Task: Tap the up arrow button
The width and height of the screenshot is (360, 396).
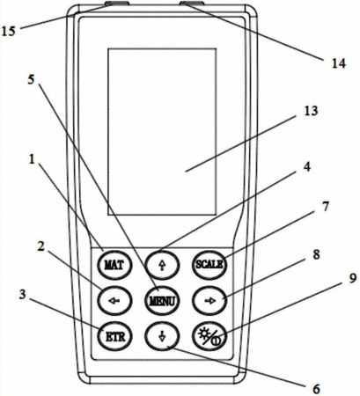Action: (x=162, y=265)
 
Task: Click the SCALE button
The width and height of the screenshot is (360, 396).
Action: (x=209, y=265)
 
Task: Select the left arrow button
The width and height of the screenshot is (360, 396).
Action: (x=114, y=301)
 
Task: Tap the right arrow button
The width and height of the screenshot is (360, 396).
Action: (x=209, y=301)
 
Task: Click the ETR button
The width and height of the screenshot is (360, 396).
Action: (x=114, y=336)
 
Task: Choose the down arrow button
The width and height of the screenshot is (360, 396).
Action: (x=162, y=336)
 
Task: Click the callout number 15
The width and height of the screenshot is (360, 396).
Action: (x=8, y=31)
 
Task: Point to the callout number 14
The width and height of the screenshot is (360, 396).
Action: (x=339, y=63)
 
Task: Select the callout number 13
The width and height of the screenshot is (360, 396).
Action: (x=311, y=111)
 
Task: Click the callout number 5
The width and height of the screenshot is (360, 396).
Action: (x=31, y=79)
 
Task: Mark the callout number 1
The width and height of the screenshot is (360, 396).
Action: (x=32, y=159)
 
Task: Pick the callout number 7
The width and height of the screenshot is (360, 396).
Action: (x=326, y=207)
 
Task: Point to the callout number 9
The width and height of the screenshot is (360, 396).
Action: (x=353, y=278)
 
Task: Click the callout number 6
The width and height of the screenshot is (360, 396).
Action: (x=316, y=389)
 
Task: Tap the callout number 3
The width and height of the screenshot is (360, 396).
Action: (x=23, y=295)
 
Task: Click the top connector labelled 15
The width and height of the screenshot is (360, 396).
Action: (x=117, y=4)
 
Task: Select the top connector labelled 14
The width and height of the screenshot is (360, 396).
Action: (x=192, y=4)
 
